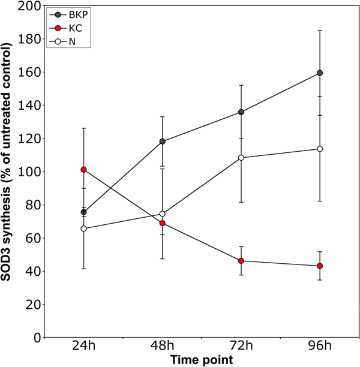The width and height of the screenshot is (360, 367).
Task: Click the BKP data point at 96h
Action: pos(320,73)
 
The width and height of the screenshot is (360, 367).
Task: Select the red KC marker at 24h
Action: pos(84,170)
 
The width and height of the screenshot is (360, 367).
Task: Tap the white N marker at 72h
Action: pos(241,158)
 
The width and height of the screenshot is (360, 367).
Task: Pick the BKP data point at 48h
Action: pos(163,142)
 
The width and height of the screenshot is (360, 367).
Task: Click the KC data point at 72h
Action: pos(241,261)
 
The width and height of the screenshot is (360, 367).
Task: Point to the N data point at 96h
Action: pos(320,149)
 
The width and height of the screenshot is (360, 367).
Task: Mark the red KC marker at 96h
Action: pos(320,266)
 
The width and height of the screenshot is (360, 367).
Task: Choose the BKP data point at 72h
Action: pos(241,112)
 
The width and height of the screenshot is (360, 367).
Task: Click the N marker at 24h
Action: pos(84,228)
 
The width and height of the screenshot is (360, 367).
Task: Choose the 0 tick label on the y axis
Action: pos(38,338)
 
